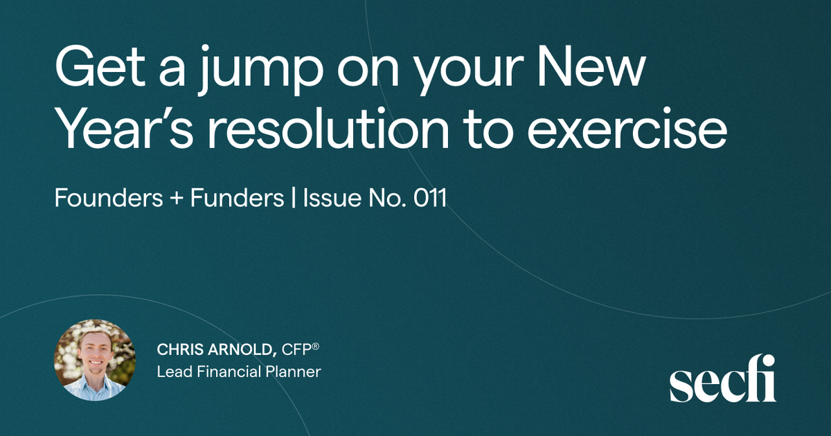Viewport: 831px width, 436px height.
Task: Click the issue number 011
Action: point(429,198)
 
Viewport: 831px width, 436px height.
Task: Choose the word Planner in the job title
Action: point(294,372)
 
